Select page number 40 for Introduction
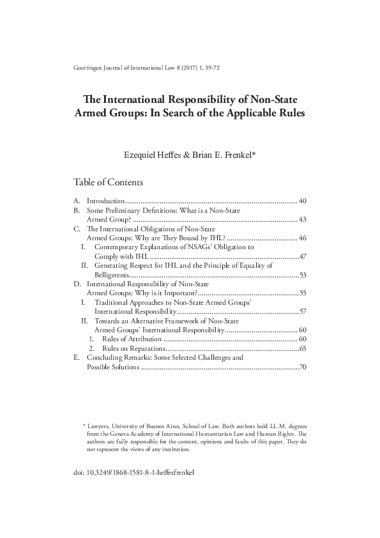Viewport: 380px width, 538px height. [303, 201]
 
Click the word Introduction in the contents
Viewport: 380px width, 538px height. [105, 201]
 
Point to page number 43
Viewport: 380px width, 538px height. [303, 219]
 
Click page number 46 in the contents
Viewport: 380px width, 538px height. [303, 237]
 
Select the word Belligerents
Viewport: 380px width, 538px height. [114, 274]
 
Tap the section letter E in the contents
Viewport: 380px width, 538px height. [77, 358]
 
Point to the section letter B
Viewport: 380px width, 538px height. [77, 210]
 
